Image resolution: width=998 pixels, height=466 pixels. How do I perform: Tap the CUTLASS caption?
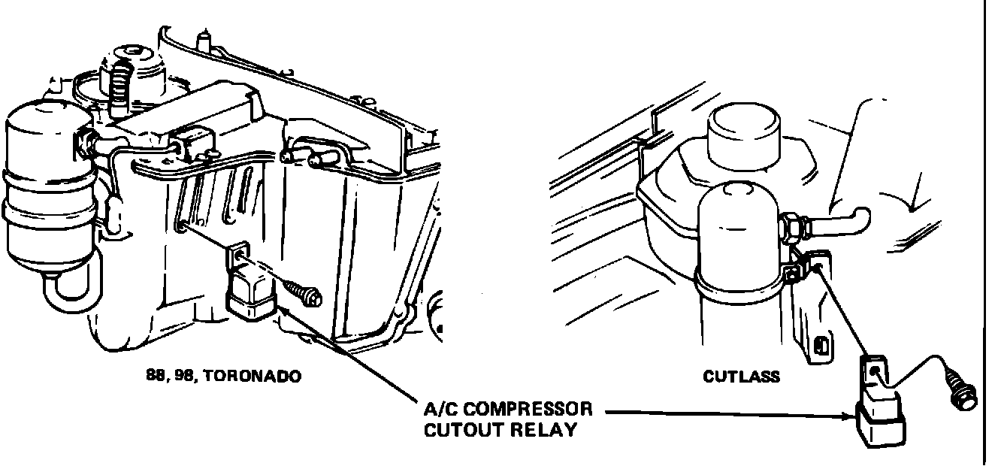[x=741, y=376]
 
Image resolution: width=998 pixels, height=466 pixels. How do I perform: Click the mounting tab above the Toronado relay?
[x=239, y=255]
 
